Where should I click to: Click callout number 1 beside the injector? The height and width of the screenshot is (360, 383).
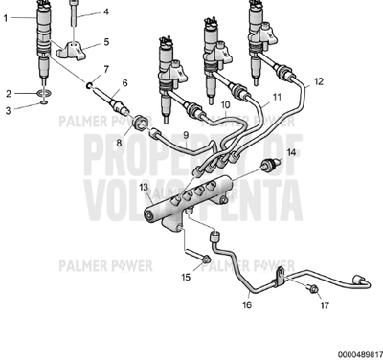coord(8,18)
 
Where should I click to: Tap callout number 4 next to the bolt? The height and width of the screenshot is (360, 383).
coord(106,12)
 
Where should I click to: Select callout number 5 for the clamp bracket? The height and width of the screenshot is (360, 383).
coord(106,42)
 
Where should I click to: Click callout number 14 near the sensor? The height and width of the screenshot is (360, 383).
coord(292,153)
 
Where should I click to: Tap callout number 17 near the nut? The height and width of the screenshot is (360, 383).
coord(325,305)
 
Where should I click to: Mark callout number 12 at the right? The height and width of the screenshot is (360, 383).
coord(319,81)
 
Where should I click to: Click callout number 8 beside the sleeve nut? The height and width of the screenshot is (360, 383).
coord(120,143)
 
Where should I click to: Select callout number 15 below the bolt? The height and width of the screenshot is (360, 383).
coord(187,278)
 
